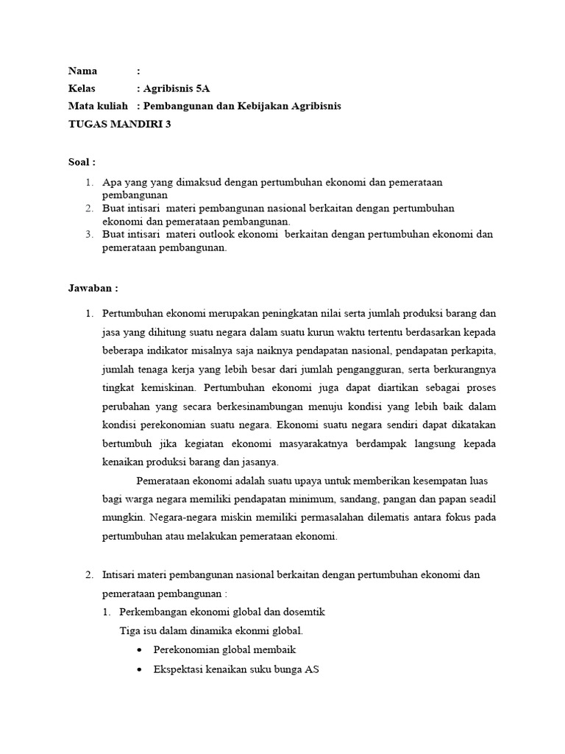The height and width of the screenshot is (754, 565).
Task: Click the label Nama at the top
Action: point(83,71)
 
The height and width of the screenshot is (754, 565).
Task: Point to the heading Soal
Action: point(82,161)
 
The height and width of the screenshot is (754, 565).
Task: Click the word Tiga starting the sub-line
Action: point(130,631)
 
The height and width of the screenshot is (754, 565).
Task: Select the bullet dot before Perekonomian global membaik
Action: point(140,650)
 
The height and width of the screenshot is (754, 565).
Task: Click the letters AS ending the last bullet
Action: point(312,669)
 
